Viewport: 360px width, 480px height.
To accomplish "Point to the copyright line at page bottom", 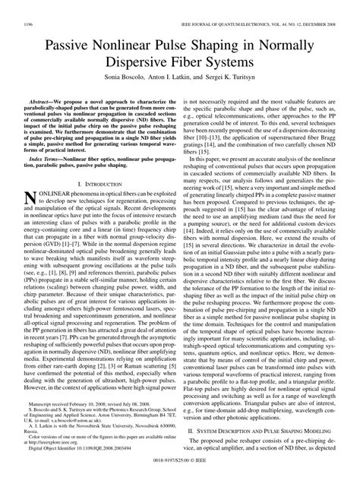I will (x=179, y=472).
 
